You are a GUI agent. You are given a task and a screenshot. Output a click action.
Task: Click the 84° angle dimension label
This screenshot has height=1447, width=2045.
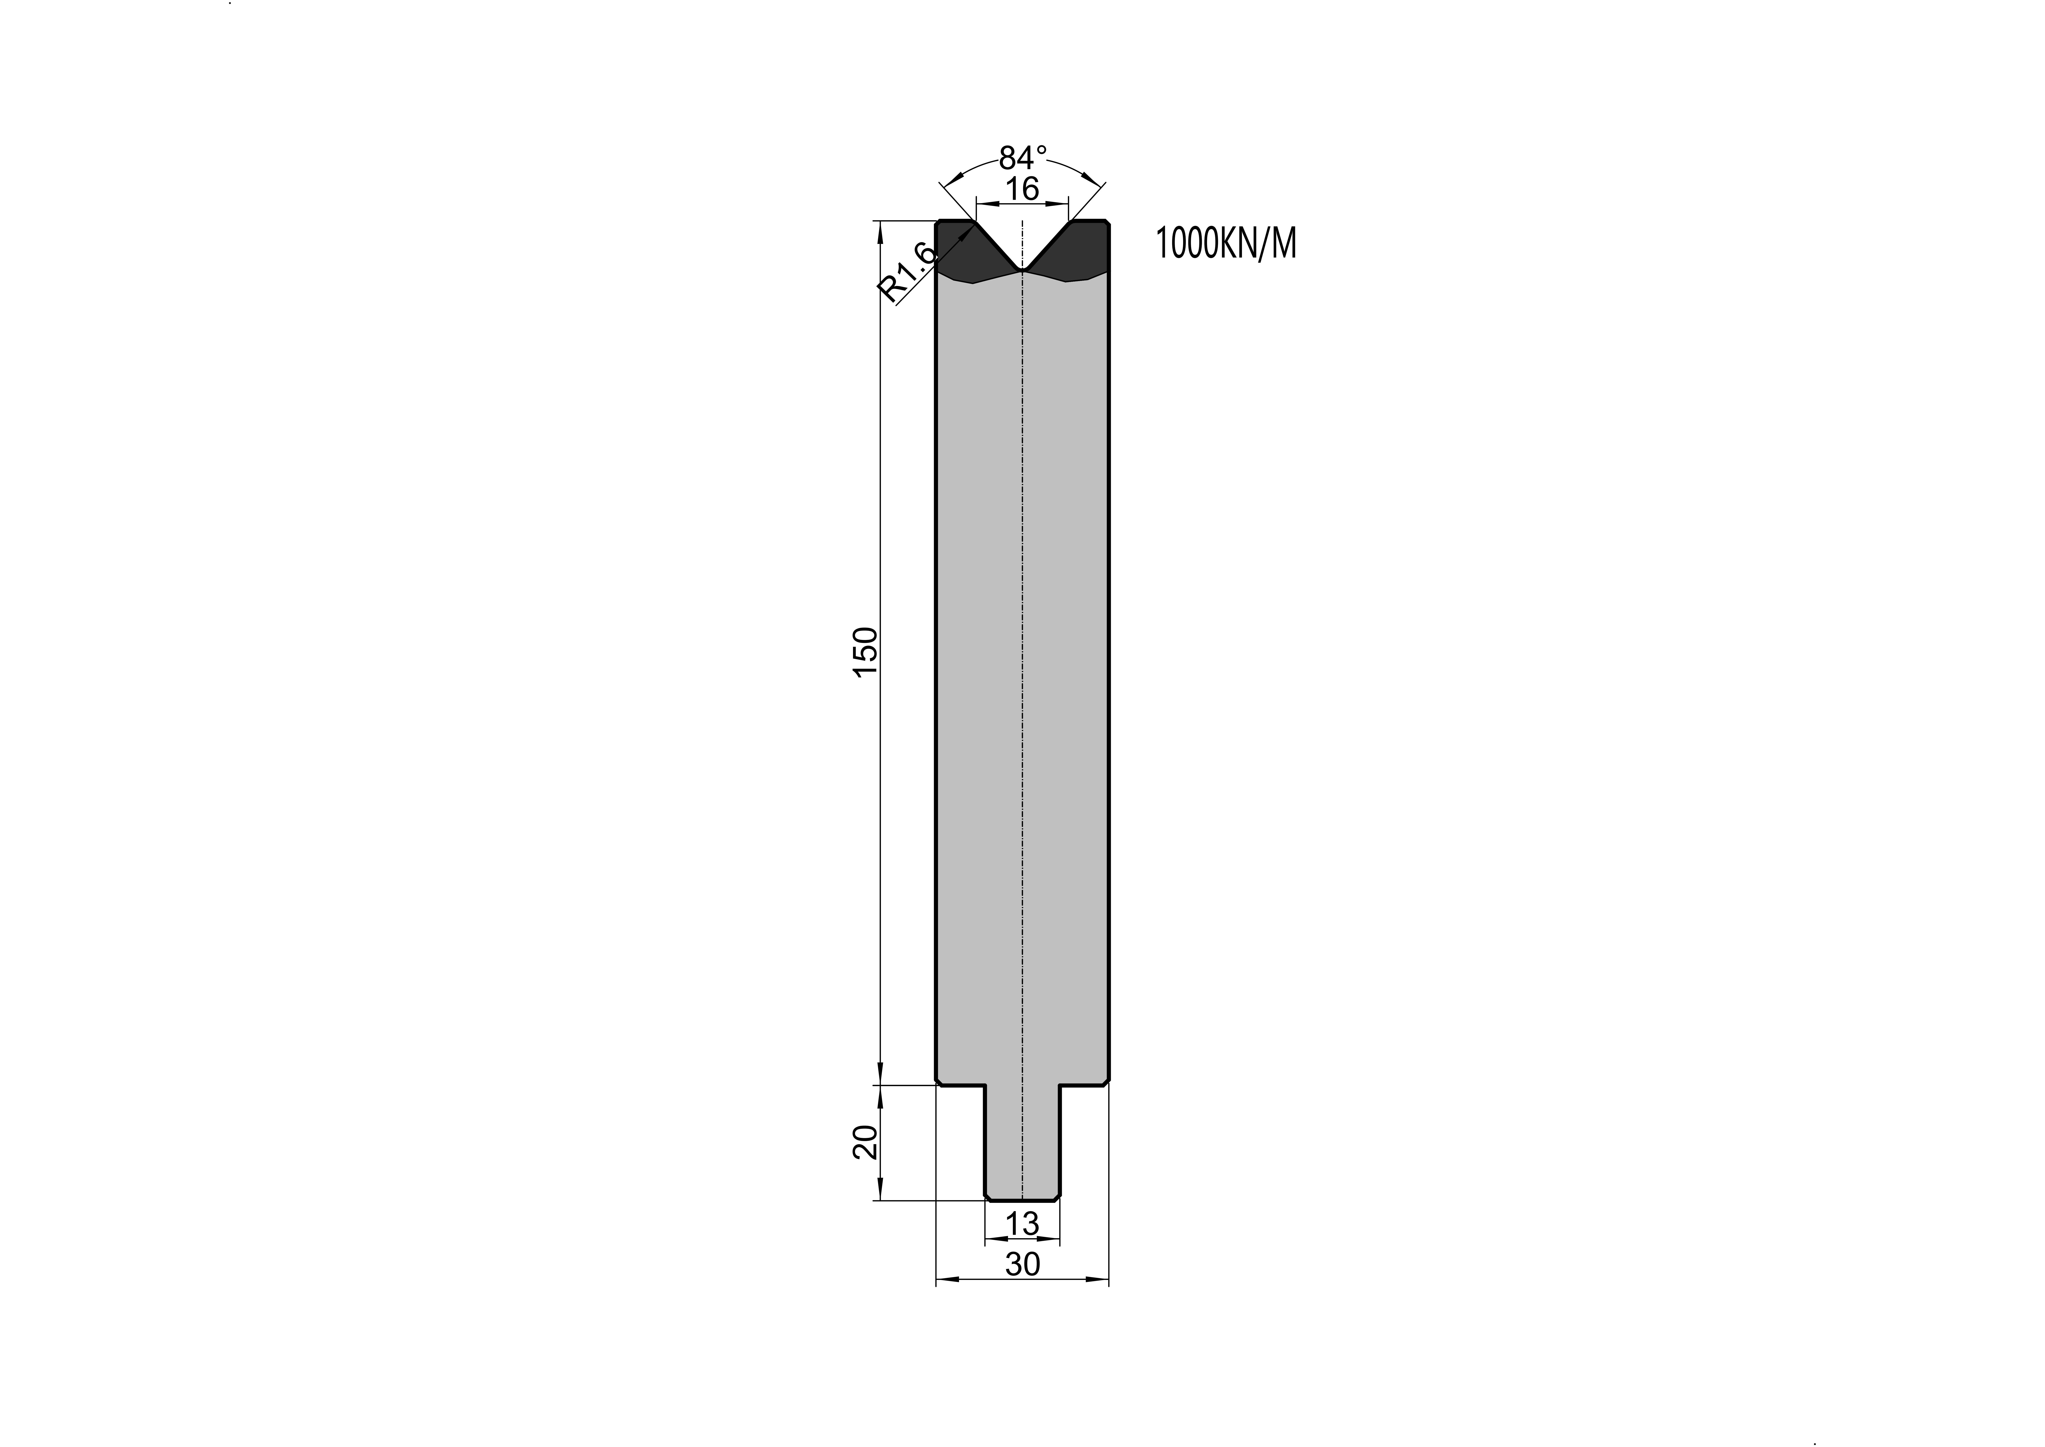click(x=1023, y=158)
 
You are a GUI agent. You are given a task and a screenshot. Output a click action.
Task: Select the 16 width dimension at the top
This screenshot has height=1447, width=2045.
click(x=1023, y=189)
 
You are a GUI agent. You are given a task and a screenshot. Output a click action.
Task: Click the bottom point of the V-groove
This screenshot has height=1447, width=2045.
click(x=1023, y=270)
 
